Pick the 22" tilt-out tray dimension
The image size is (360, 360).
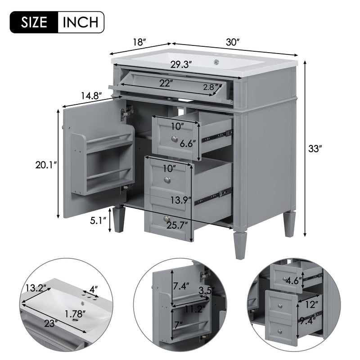[x=166, y=83]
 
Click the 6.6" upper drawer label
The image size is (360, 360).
[x=188, y=144]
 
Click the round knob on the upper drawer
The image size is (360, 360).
[x=173, y=138]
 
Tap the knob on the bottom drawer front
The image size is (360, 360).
[x=167, y=219]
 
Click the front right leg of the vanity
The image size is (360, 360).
[x=240, y=245]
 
